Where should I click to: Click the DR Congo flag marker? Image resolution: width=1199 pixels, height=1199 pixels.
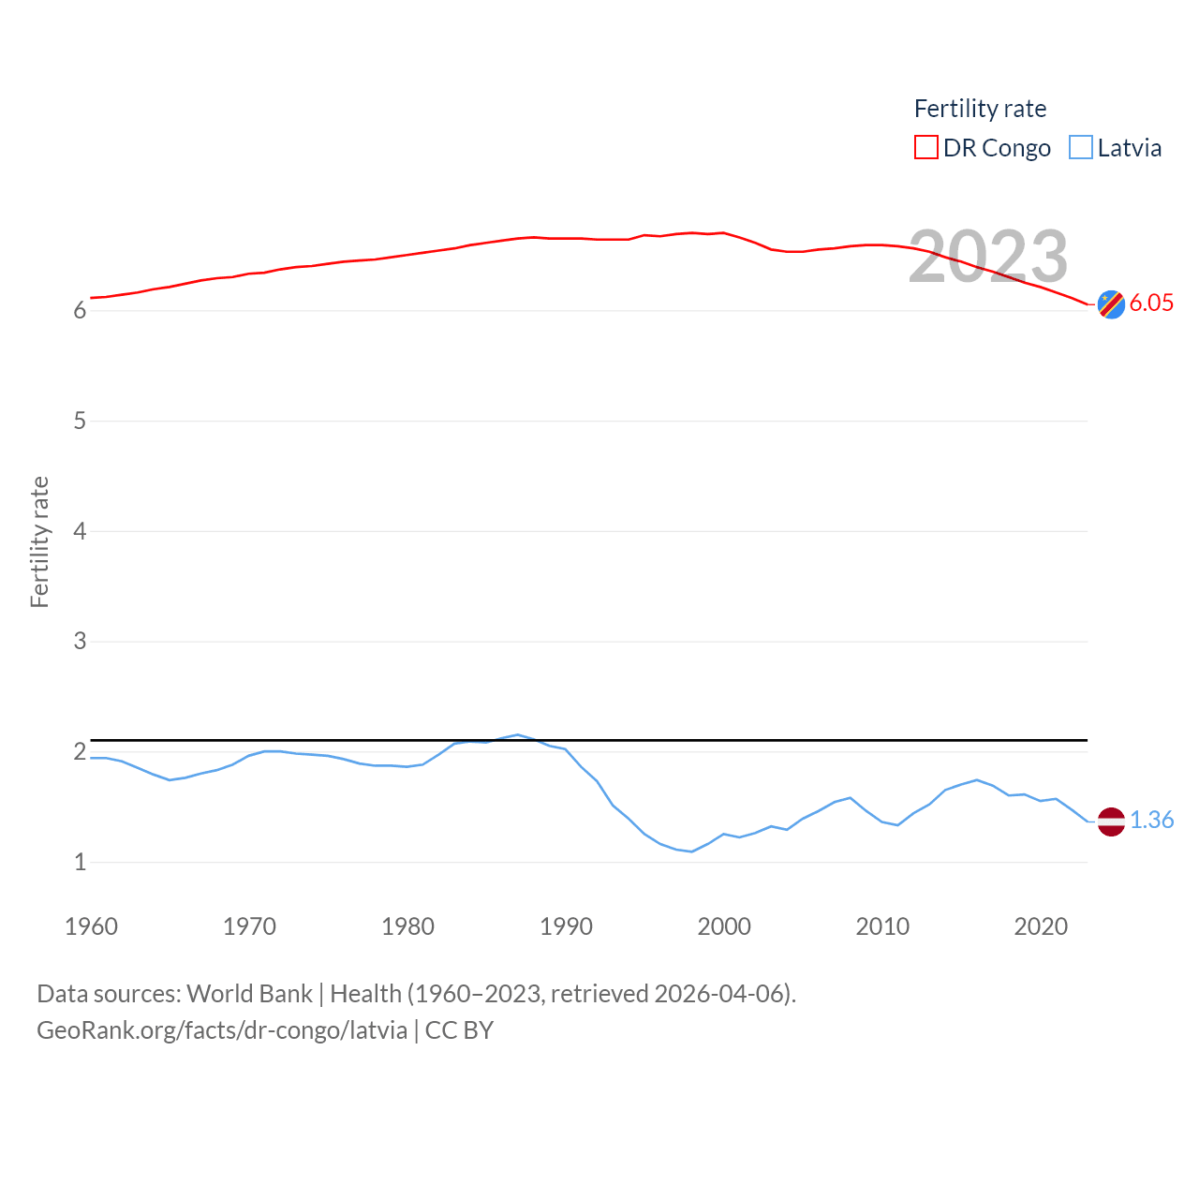coord(1111,304)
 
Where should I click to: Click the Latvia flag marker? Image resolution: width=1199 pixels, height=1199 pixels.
coord(1111,822)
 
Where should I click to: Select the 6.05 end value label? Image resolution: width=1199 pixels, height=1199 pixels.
coord(1151,303)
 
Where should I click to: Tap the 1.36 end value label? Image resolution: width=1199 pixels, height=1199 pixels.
coord(1151,820)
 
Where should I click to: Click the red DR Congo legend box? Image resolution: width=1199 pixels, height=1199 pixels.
coord(925,148)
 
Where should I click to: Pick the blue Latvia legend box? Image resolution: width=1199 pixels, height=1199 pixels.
coord(1081,148)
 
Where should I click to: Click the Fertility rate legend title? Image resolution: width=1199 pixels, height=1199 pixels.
coord(980,109)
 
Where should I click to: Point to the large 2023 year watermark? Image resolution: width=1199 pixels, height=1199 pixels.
coord(987,256)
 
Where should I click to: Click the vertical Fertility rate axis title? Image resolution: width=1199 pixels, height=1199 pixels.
coord(39,541)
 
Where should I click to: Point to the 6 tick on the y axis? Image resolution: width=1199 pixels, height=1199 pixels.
coord(80,311)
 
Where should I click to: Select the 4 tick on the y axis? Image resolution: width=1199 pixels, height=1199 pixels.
coord(80,531)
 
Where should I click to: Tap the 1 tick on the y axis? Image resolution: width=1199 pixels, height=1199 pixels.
coord(80,862)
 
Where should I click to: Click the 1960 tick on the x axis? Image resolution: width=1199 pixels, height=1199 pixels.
coord(91,926)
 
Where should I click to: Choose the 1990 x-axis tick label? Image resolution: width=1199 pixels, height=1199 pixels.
coord(566,926)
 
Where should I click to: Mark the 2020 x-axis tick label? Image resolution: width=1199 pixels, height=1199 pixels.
coord(1041,926)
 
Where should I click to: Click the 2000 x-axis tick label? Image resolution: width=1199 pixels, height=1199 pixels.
coord(724,926)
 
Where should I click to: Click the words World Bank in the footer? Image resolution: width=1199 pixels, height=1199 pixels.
coord(249,993)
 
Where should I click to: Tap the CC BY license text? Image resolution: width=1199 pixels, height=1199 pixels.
coord(459,1030)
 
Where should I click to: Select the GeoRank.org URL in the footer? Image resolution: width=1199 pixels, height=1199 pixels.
coord(222,1030)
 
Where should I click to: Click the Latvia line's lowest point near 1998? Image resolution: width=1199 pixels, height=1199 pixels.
coord(691,851)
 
